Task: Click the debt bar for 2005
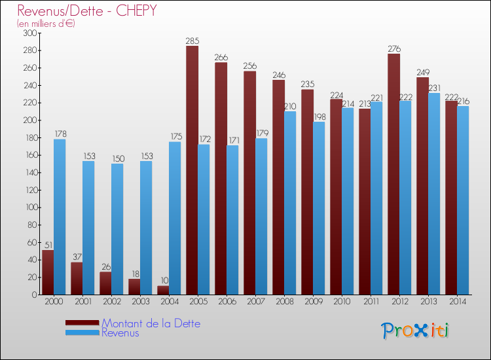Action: tap(192, 170)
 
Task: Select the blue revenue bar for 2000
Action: tap(60, 216)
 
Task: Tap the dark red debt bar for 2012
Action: tap(393, 173)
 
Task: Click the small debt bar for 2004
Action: tap(163, 290)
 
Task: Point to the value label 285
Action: tap(192, 41)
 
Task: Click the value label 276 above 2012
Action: tap(393, 49)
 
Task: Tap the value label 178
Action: tap(60, 134)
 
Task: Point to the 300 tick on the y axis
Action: tap(30, 33)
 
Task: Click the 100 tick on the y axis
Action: tap(30, 207)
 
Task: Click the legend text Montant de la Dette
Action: tap(151, 323)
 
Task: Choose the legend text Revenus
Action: tap(120, 333)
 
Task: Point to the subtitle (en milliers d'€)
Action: tap(46, 24)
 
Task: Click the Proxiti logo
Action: tap(416, 330)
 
